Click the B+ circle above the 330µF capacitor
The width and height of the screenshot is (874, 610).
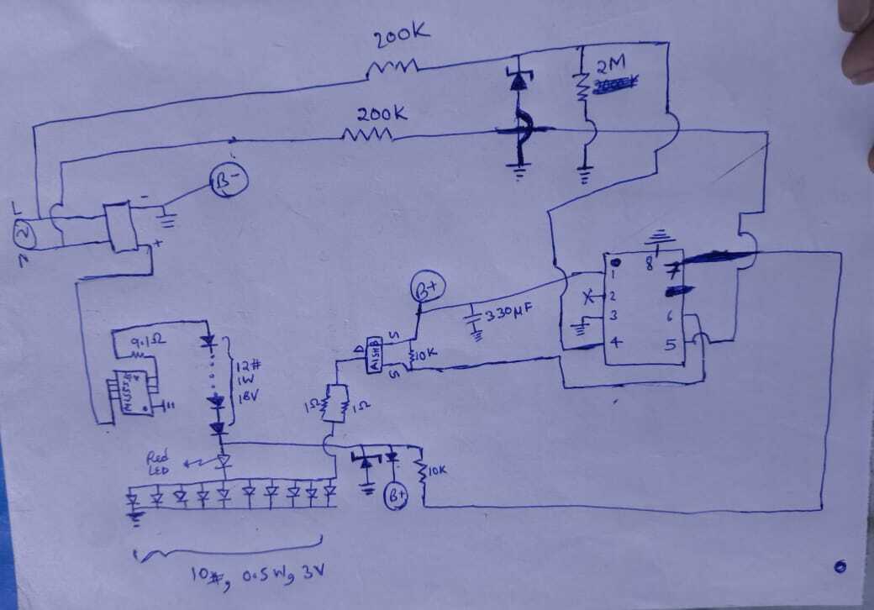[x=425, y=291]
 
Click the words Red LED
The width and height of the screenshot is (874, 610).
[x=159, y=463]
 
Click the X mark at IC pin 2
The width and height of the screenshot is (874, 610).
[x=588, y=297]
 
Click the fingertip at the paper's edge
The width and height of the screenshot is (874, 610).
[x=860, y=42]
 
